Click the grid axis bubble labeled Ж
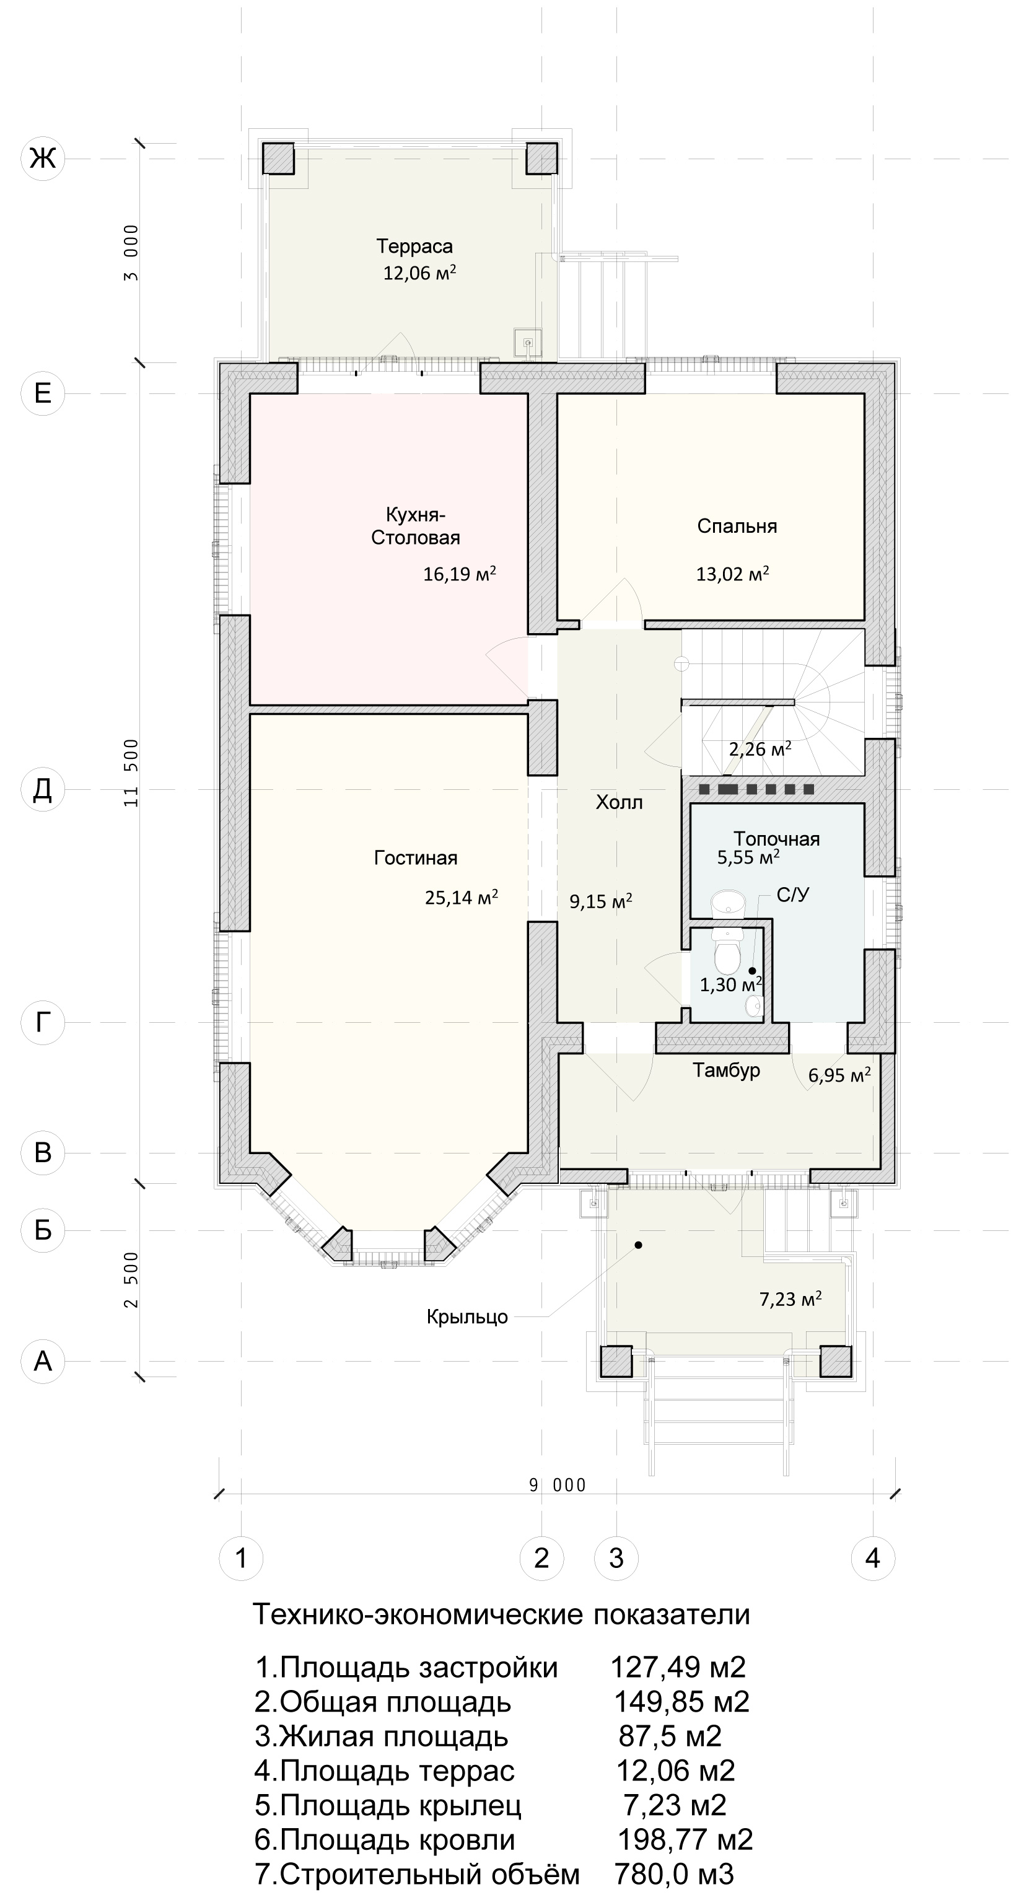[x=43, y=158]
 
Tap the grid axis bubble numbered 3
[x=616, y=1559]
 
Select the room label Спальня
[x=737, y=526]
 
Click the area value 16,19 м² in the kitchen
[x=459, y=574]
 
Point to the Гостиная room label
[x=416, y=858]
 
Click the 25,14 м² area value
[x=461, y=897]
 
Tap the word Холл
[x=619, y=802]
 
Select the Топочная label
[x=776, y=839]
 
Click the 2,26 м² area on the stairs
[x=760, y=750]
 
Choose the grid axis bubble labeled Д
[x=43, y=789]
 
